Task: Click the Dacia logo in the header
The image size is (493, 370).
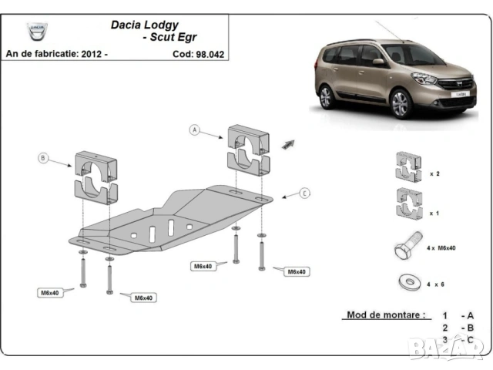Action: point(36,32)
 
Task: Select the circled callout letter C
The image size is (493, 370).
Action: point(305,193)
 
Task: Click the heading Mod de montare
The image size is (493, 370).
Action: point(385,315)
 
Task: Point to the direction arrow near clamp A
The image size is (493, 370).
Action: point(289,143)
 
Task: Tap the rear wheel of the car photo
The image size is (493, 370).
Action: point(327,97)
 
